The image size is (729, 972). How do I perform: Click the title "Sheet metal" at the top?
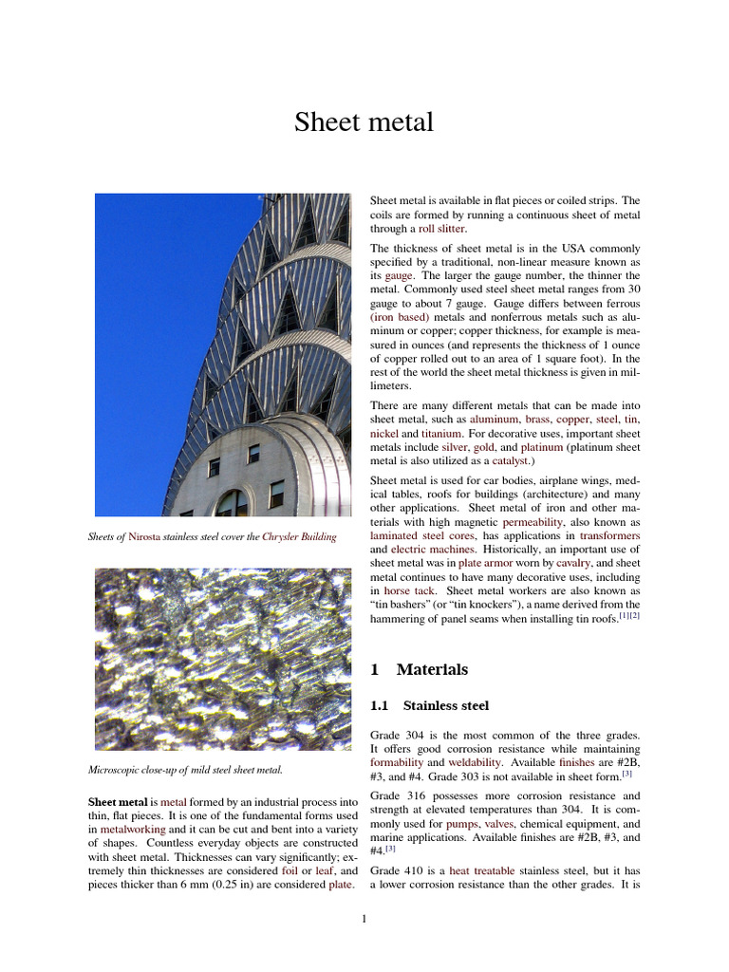pos(364,122)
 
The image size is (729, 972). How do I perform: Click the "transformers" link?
pos(608,535)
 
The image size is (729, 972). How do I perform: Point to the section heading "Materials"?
pos(432,669)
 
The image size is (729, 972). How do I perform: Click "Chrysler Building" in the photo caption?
pos(299,536)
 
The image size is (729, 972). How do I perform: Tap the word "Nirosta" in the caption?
pos(147,536)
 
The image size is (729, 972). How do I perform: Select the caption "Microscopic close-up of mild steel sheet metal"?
pos(184,769)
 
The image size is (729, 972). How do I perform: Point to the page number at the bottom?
pos(364,919)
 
